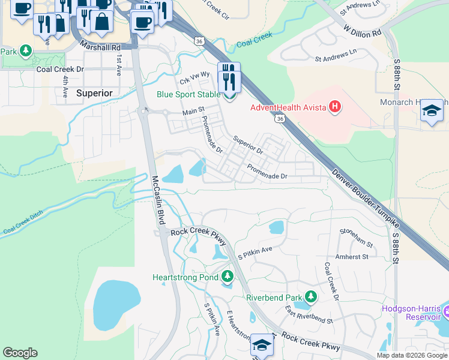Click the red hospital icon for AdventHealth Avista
coord(335,107)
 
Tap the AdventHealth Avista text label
coord(288,107)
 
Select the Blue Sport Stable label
coord(188,94)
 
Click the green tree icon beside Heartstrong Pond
coord(227,277)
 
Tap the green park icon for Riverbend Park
coord(311,296)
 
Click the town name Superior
coord(94,93)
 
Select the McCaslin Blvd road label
coord(158,200)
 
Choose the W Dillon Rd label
coord(363,31)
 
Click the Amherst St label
coord(352,257)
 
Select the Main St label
coord(193,112)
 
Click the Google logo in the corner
coord(20,353)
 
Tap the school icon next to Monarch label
coord(432,111)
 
